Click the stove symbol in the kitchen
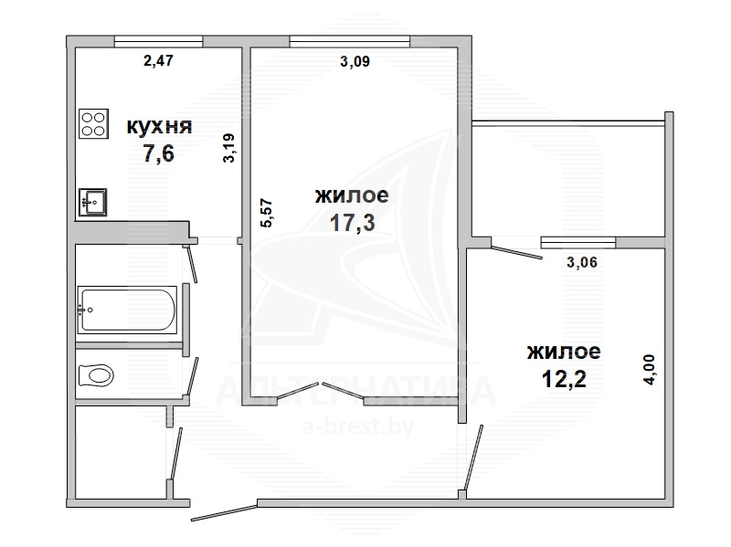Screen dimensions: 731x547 94,124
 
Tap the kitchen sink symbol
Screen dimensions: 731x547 93,202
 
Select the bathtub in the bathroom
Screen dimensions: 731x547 127,310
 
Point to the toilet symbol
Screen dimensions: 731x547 96,375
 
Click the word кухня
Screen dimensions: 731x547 159,127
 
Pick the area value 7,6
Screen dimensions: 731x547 158,153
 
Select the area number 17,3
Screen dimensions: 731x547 352,223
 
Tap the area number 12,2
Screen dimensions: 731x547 564,379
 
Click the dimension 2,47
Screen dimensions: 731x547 158,60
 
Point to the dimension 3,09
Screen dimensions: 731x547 355,61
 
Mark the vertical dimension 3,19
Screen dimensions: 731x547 229,148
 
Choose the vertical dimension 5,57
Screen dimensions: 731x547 266,213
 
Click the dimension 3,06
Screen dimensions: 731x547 582,262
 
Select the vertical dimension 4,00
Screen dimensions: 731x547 649,370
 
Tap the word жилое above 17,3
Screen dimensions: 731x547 352,195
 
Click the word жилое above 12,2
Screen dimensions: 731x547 564,352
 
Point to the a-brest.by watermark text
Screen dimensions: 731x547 358,426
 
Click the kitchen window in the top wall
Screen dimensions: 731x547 158,41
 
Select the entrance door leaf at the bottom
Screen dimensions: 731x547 224,512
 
